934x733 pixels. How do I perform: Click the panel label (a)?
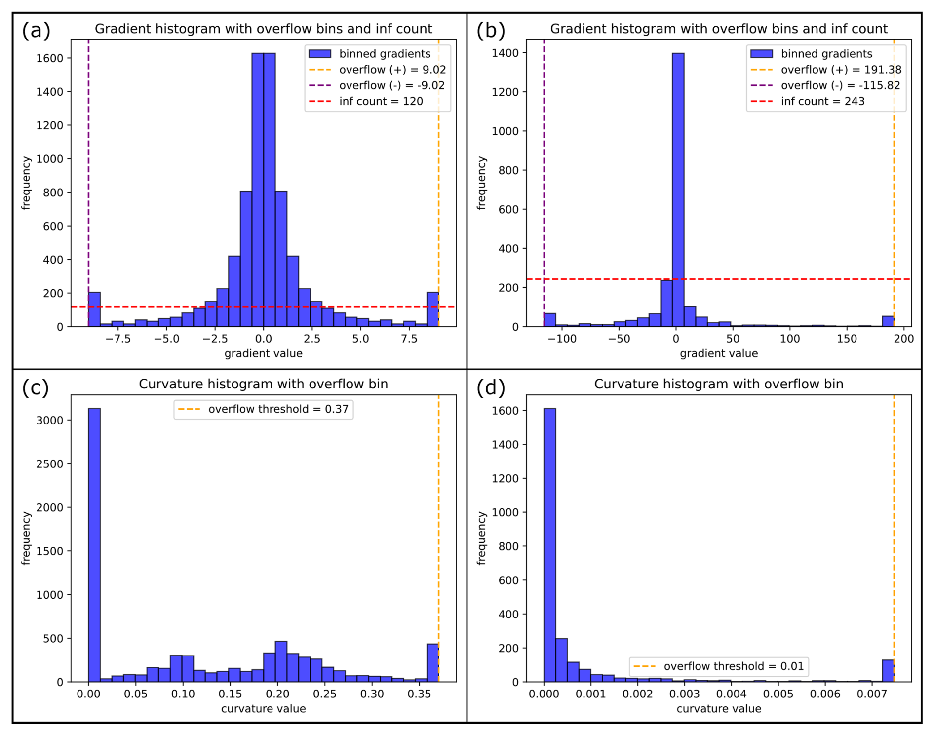click(x=36, y=31)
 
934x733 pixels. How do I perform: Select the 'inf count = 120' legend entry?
click(x=381, y=101)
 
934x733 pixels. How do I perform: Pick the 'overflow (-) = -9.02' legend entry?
click(x=391, y=85)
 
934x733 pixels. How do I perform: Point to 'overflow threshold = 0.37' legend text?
click(x=278, y=409)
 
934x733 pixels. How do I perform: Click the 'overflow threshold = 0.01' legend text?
click(x=734, y=666)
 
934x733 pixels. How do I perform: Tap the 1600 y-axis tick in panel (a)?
click(x=50, y=58)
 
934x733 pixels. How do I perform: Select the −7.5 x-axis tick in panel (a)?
click(x=118, y=339)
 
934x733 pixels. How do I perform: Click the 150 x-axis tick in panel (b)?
click(x=847, y=339)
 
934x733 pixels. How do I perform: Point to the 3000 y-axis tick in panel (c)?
click(x=50, y=421)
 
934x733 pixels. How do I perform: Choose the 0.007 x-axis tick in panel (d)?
click(x=872, y=694)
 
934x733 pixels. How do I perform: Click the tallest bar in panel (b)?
click(x=678, y=190)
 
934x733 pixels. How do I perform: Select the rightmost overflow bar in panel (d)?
click(x=888, y=671)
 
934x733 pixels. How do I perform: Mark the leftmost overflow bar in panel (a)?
click(x=94, y=309)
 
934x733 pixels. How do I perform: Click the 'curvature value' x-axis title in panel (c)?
click(x=263, y=709)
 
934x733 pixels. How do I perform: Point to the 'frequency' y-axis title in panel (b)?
click(x=482, y=183)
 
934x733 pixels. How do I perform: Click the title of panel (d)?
click(x=718, y=384)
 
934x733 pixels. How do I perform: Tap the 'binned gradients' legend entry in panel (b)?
click(x=826, y=54)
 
